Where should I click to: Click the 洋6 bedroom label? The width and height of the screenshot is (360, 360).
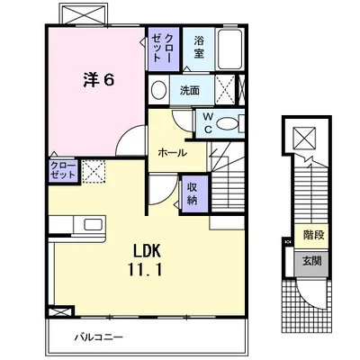[x=99, y=80]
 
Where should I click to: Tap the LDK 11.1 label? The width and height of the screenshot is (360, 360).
[x=145, y=260]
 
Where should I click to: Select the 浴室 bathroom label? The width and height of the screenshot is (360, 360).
[x=199, y=47]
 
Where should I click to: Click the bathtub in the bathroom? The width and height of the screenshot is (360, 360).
[x=229, y=49]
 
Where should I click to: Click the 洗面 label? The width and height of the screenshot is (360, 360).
[x=190, y=90]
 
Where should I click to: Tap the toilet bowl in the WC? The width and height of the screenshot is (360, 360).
[x=227, y=124]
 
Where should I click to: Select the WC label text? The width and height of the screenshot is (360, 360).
[x=208, y=122]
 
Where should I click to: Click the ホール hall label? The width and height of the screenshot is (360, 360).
[x=173, y=153]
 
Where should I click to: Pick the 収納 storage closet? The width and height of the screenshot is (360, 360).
[x=193, y=193]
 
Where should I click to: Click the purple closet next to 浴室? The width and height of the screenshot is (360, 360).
[x=164, y=49]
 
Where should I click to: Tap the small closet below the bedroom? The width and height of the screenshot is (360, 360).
[x=63, y=171]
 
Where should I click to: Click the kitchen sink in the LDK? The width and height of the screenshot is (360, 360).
[x=94, y=224]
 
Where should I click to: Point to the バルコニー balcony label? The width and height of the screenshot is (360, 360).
[x=99, y=337]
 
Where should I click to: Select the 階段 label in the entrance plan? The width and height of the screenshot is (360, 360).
[x=313, y=235]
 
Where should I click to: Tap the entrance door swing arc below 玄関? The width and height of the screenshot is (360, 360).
[x=308, y=296]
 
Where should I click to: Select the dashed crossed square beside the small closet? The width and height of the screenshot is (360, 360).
[x=94, y=171]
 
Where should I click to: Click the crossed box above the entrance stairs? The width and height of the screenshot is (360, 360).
[x=304, y=138]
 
